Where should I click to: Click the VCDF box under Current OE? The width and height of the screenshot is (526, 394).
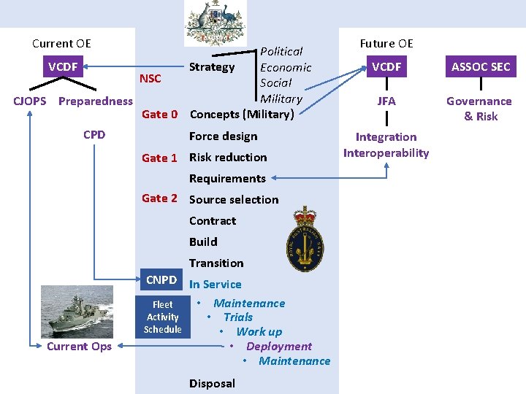click(x=63, y=67)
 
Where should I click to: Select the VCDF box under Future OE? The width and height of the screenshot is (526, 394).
click(x=386, y=67)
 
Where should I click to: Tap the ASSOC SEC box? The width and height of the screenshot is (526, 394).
click(x=480, y=67)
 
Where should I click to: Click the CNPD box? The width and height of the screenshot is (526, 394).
click(x=161, y=280)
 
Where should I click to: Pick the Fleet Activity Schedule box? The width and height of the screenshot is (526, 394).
click(x=162, y=317)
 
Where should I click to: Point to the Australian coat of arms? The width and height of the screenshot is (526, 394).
click(x=215, y=23)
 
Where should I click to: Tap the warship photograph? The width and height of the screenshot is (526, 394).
click(x=77, y=311)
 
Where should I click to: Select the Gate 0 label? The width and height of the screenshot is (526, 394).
click(x=159, y=114)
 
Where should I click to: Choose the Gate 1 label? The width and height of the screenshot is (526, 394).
click(x=159, y=158)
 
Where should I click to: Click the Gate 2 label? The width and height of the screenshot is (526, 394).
click(x=159, y=198)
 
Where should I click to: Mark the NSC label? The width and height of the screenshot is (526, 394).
click(x=150, y=79)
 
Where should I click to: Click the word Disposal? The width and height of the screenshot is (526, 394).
click(x=212, y=383)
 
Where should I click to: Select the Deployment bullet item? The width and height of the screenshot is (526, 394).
click(x=278, y=347)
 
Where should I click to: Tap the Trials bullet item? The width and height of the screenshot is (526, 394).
click(x=237, y=317)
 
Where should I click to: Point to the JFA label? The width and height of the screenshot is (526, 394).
click(x=386, y=101)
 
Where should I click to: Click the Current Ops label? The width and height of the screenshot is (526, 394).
click(x=79, y=347)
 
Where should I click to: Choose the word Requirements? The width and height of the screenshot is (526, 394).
click(x=227, y=178)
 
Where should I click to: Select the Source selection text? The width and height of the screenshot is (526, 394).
click(x=234, y=199)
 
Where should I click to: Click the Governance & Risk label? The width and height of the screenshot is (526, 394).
click(x=479, y=109)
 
